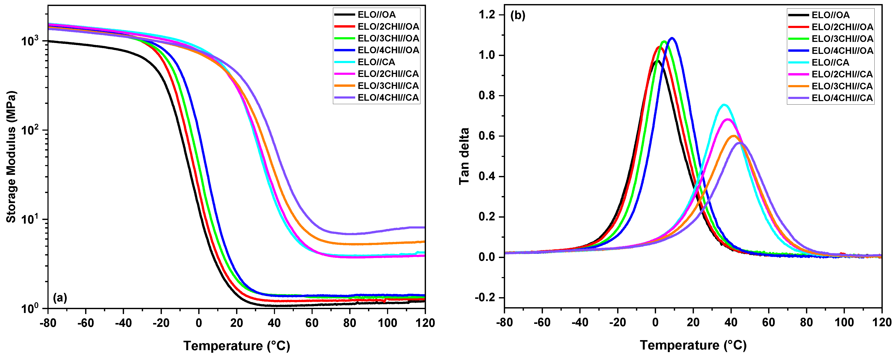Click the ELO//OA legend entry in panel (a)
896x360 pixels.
click(376, 15)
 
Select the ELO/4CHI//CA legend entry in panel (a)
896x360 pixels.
click(388, 98)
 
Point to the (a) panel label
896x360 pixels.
click(60, 298)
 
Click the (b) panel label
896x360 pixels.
click(517, 16)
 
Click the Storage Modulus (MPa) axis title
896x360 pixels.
click(11, 156)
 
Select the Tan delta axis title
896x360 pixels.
click(464, 156)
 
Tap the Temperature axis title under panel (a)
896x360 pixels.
click(237, 346)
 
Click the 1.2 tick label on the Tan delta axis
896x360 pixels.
click(487, 15)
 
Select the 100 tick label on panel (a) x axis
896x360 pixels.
click(387, 323)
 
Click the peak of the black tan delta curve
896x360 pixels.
click(657, 61)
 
